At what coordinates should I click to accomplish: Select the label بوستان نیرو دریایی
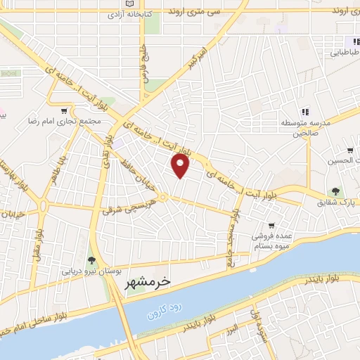(x=89, y=271)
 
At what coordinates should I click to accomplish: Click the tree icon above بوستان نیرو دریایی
(x=91, y=261)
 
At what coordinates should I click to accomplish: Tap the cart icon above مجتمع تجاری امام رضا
(x=65, y=110)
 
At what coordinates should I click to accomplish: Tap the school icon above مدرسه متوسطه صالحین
(x=305, y=112)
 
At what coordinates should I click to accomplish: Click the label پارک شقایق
(x=334, y=202)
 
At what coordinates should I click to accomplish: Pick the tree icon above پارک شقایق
(x=336, y=191)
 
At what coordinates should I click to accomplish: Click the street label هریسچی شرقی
(x=124, y=204)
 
